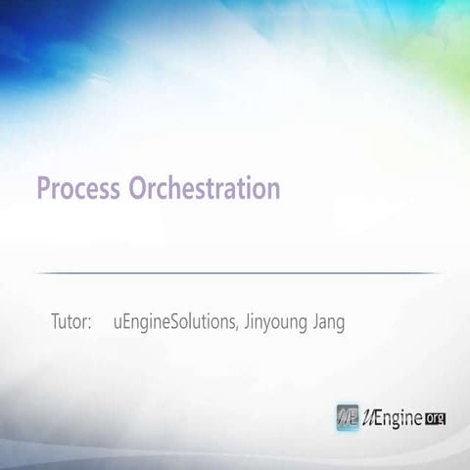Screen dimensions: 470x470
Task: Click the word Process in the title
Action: (79, 188)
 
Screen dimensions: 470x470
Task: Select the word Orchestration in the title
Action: (205, 188)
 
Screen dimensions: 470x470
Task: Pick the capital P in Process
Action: (43, 188)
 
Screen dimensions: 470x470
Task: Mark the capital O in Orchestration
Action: (137, 188)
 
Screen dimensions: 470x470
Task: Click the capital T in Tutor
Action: (55, 322)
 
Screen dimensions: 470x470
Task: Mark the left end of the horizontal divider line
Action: (36, 273)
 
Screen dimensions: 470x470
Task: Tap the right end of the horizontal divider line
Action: (440, 273)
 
